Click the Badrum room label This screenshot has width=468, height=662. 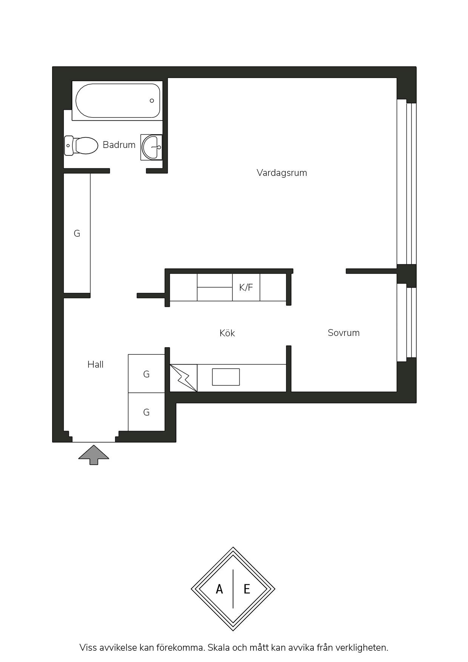[x=119, y=145]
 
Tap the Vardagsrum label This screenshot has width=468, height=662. [x=282, y=173]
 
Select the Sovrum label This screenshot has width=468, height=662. [x=343, y=333]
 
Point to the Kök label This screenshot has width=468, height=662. [x=227, y=333]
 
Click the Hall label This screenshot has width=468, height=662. [x=95, y=365]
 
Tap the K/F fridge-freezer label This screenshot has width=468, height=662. [x=246, y=288]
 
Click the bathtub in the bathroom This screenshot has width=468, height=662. [x=117, y=101]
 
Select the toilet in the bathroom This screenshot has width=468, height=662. [x=81, y=146]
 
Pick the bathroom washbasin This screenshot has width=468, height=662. [x=152, y=147]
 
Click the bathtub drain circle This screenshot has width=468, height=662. [x=152, y=101]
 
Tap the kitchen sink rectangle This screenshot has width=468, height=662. [x=226, y=377]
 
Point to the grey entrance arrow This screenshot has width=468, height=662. [x=94, y=455]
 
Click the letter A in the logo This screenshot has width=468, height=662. [x=219, y=589]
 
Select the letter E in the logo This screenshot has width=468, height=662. [x=247, y=589]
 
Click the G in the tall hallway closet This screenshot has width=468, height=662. [x=77, y=234]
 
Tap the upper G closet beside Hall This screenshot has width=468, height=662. [x=146, y=374]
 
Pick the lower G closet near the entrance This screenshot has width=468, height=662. [x=146, y=412]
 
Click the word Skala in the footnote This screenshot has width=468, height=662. [x=219, y=648]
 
